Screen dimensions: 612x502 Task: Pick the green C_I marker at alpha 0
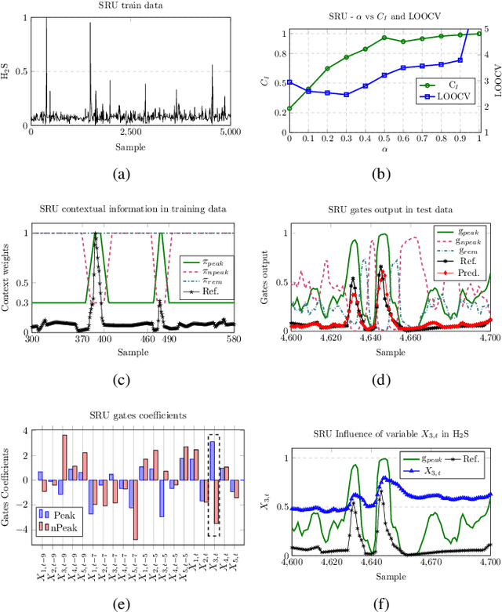pos(289,109)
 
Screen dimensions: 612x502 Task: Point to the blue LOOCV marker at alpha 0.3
pos(347,94)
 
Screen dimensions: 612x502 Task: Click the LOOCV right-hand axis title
pos(497,76)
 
